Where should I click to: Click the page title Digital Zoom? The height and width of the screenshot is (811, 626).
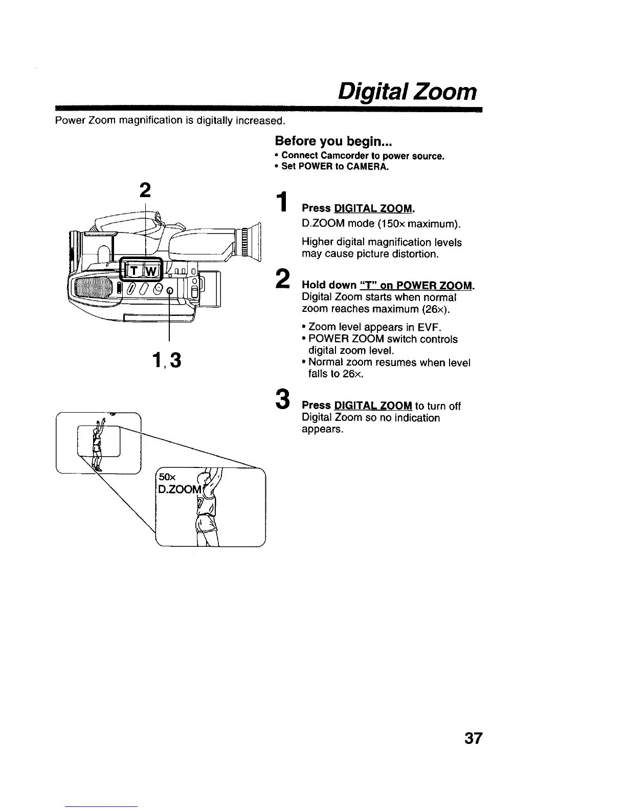(408, 92)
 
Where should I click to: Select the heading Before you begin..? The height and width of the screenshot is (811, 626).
(333, 141)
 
